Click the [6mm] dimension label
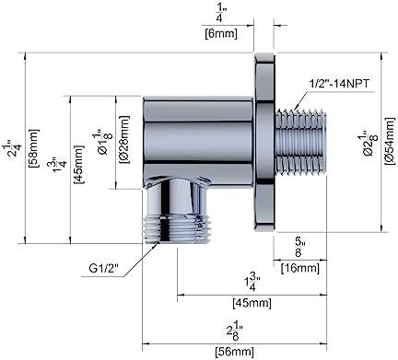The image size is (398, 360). [220, 34]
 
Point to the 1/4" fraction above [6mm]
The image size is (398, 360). [220, 13]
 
